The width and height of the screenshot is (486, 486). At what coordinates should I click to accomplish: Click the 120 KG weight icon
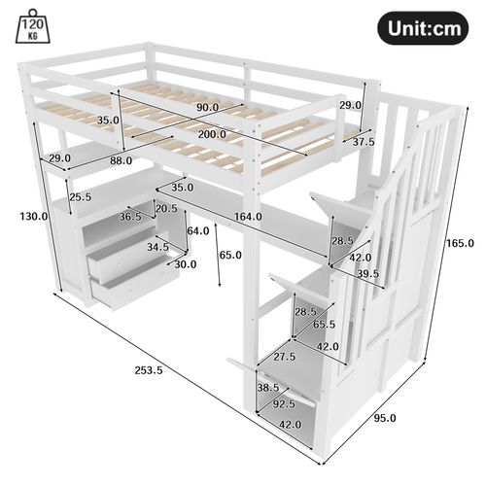33,32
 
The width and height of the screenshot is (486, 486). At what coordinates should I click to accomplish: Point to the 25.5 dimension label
81,197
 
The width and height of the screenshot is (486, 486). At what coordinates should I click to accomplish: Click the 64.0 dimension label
198,231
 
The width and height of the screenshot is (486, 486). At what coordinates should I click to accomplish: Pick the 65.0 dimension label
230,255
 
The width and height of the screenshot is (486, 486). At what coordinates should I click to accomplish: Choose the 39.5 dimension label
366,275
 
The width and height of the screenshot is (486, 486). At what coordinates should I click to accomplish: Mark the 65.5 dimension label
324,325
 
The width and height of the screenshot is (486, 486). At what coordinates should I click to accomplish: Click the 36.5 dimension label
129,218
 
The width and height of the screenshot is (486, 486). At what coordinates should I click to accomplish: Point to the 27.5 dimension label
285,358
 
